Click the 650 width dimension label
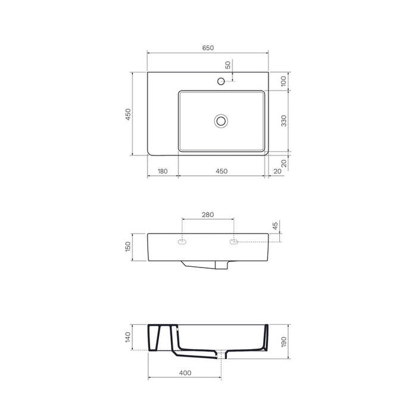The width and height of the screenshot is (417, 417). point(208,48)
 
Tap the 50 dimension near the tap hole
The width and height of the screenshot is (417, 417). point(228,65)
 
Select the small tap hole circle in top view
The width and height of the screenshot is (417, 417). point(221,81)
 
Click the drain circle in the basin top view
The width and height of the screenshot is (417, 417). point(221,121)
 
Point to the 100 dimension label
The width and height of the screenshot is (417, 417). point(284,81)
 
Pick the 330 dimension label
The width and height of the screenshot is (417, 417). point(284,121)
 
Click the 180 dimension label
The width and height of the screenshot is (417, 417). point(163,171)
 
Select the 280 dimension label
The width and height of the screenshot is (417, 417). point(208,214)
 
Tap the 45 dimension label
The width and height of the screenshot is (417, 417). point(275,226)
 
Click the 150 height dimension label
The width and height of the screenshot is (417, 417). point(128,247)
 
